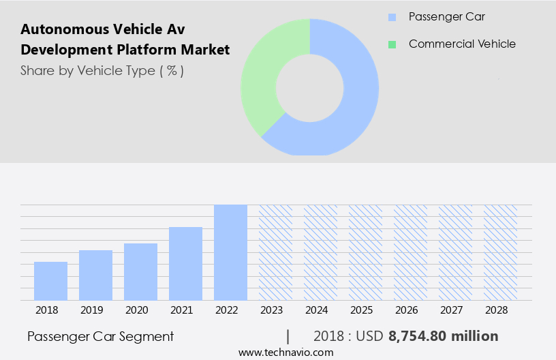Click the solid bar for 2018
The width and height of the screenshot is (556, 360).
[50, 281]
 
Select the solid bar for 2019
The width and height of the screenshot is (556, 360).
[95, 275]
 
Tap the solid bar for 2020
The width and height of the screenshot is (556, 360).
[140, 271]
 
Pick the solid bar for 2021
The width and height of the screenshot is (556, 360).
[185, 263]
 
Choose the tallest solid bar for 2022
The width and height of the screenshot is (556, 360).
[230, 252]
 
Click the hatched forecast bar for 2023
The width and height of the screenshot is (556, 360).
[275, 252]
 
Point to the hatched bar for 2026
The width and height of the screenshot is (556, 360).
[410, 252]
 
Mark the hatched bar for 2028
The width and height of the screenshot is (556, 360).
[500, 252]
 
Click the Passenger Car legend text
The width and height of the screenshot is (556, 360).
[447, 16]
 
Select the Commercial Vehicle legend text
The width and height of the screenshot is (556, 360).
[462, 44]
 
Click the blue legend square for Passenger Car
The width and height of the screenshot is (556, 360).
[392, 17]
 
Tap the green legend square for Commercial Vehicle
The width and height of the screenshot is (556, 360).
[392, 44]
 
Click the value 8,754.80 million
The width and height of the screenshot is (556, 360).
[443, 336]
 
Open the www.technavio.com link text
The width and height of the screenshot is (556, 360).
[286, 352]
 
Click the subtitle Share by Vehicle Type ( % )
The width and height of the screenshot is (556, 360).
[102, 70]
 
